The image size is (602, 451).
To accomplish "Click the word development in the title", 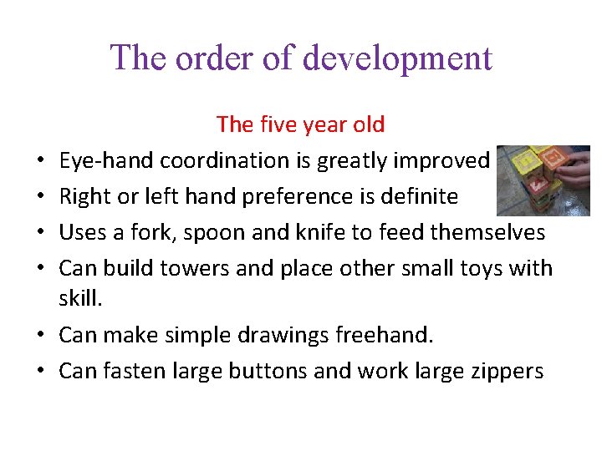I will click(397, 58).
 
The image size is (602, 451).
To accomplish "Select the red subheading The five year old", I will click(300, 125).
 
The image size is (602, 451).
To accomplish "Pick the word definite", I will click(421, 197).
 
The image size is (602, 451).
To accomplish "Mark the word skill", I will click(78, 299).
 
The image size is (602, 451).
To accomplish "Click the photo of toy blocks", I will click(543, 180).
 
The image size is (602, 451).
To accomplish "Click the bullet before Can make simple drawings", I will click(41, 336).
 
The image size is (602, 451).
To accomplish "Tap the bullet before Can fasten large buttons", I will click(41, 372).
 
